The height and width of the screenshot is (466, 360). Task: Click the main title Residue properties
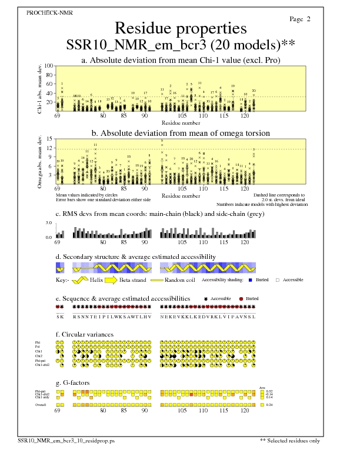point(180,28)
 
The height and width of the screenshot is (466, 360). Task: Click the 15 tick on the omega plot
point(50,139)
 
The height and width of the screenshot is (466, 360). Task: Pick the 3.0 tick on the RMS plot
point(49,224)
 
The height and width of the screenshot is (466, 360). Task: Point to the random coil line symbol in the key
point(157,281)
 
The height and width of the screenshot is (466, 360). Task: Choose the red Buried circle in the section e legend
point(241,299)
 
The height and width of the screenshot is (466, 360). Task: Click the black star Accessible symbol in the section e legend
point(206,299)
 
